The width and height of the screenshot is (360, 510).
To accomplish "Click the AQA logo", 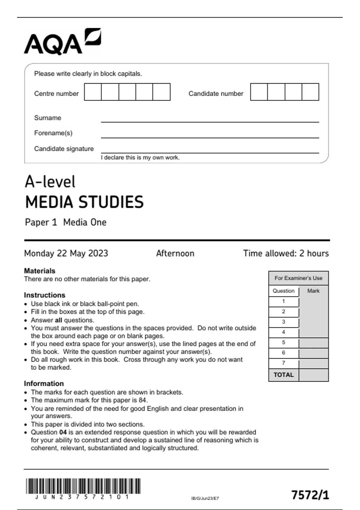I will [62, 42].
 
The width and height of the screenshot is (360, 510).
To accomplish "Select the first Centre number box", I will [93, 92].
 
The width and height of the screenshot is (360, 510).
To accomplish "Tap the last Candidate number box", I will [310, 92].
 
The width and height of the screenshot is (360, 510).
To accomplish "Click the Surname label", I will [47, 118].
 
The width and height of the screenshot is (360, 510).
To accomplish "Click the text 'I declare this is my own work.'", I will [140, 157].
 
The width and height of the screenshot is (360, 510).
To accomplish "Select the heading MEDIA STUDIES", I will [84, 202].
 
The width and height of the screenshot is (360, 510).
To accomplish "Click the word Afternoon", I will [175, 253].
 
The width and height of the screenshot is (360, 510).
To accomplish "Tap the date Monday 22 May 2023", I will [66, 253].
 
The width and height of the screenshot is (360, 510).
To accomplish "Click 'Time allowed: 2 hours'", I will [286, 253].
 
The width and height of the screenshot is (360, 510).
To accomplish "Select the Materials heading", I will [40, 271].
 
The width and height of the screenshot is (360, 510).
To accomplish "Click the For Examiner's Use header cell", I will [298, 278].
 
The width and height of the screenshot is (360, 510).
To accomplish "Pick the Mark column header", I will [313, 291].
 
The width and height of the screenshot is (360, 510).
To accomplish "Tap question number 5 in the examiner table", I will [283, 342].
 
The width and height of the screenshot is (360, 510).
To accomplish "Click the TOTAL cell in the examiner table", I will [283, 375].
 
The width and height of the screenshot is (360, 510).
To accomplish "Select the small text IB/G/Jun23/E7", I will [205, 498].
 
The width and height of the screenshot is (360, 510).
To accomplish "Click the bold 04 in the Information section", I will [63, 432].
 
